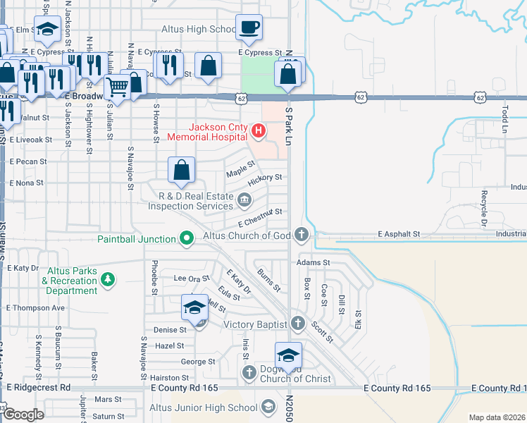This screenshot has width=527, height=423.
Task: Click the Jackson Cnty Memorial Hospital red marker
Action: (x=259, y=130)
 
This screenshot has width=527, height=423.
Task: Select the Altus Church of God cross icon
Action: (x=302, y=234)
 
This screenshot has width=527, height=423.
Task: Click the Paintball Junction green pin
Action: (x=187, y=239)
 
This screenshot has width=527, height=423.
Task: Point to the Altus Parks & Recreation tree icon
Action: (x=107, y=281)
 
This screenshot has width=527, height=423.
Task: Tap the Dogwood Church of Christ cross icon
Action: (x=248, y=372)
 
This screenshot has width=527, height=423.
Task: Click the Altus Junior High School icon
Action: (x=268, y=407)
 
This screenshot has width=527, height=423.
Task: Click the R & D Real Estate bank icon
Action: (x=244, y=201)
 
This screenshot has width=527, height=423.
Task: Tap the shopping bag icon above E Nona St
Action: (x=181, y=170)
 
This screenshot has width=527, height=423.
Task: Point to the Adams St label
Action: (x=313, y=262)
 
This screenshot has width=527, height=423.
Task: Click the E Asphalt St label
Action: (x=399, y=233)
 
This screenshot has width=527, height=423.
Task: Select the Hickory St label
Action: (x=265, y=178)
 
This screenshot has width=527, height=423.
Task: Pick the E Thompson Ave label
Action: (x=35, y=308)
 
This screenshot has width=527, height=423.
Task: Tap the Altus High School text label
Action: (x=199, y=30)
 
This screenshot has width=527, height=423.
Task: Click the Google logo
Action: (x=23, y=415)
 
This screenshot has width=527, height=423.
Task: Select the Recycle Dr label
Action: (x=484, y=205)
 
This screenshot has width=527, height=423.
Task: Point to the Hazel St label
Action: (x=169, y=345)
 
